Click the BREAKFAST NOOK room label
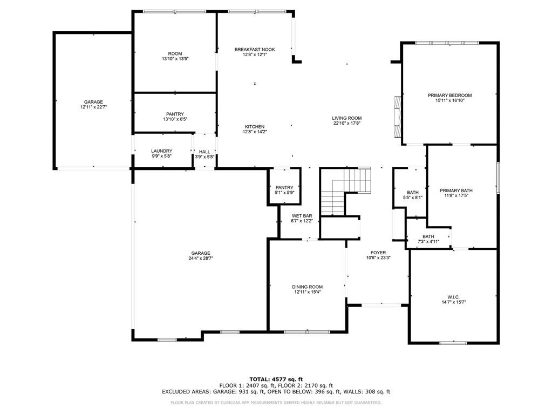[x=255, y=50]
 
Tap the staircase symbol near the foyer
[x=345, y=191]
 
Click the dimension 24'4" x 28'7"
[x=200, y=259]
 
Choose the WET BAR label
[x=302, y=216]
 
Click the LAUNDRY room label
[x=161, y=151]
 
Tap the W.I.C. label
[x=453, y=297]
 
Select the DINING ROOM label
[x=307, y=287]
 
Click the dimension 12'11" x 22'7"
[x=93, y=107]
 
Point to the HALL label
[x=205, y=152]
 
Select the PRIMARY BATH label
[x=456, y=191]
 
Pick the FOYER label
[x=378, y=253]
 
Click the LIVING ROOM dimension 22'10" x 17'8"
[x=346, y=124]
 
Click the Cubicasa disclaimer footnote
[x=276, y=403]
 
